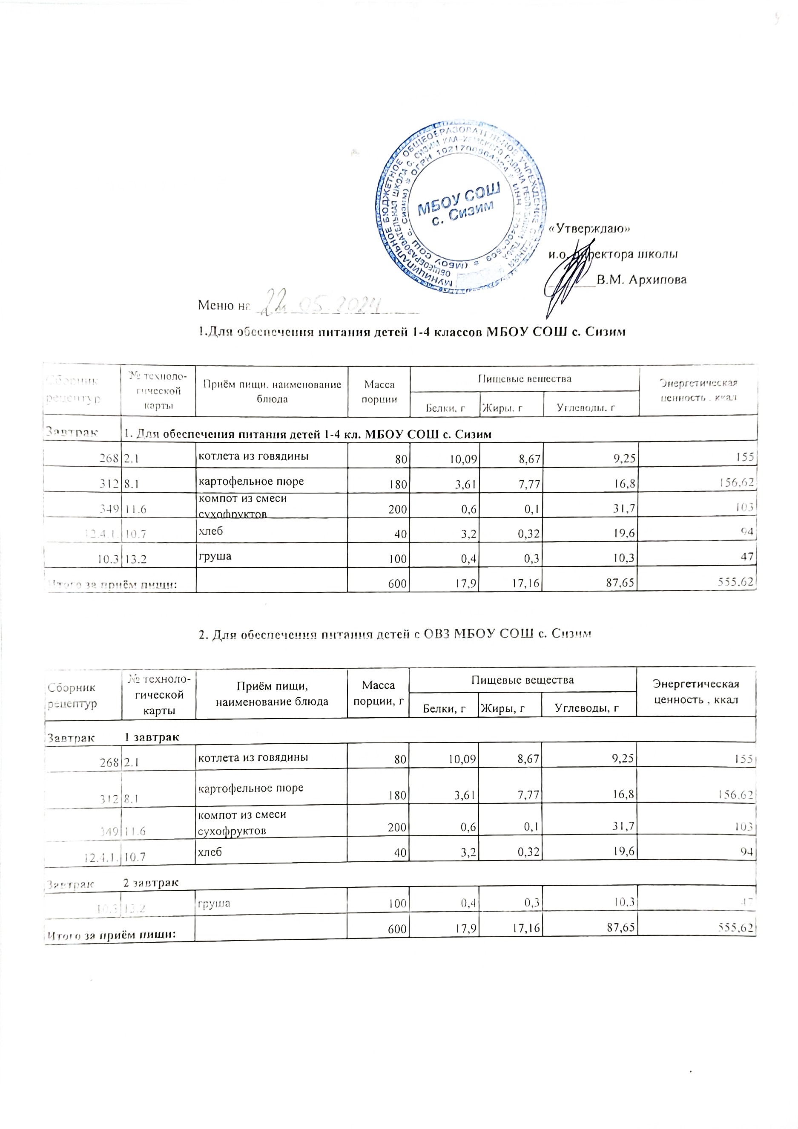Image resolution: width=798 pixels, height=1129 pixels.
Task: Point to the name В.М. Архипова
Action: (641, 280)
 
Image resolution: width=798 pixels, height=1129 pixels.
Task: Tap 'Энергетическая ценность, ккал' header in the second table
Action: (695, 691)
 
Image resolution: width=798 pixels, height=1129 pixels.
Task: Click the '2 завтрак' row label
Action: (151, 883)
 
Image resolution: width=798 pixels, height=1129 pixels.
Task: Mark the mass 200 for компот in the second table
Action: (397, 827)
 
